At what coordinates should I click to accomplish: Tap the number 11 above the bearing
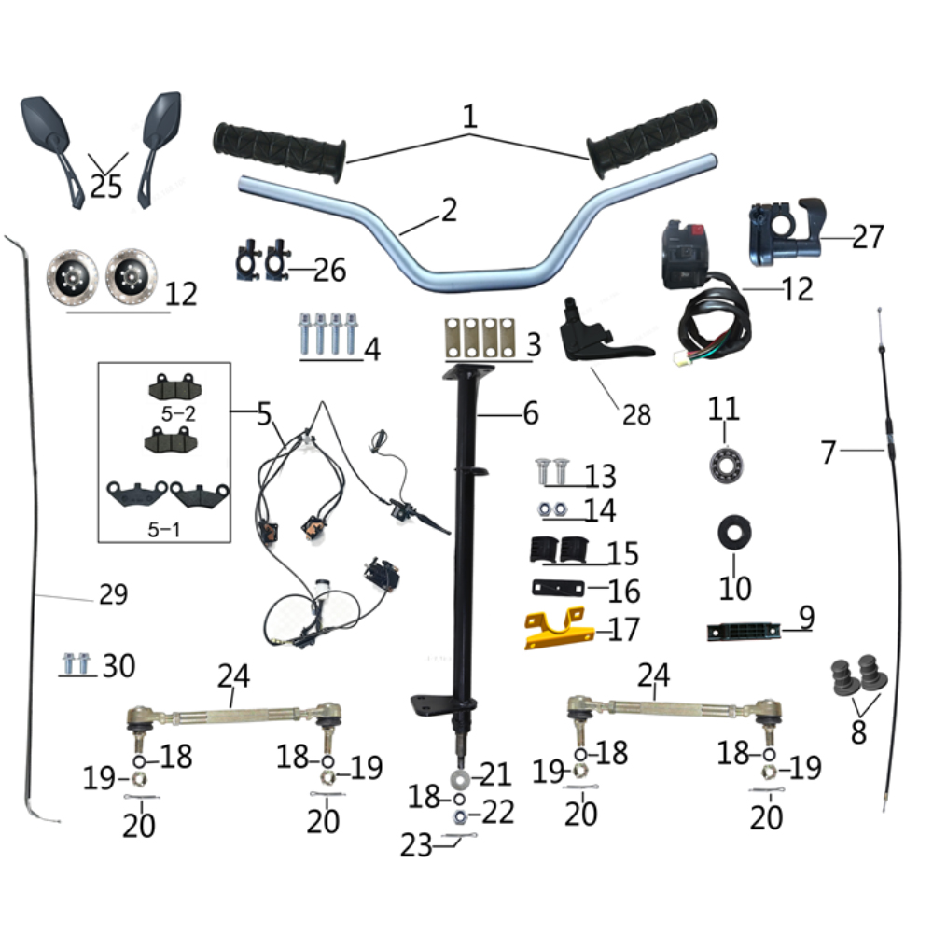[724, 409]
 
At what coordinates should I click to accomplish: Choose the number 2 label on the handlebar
[449, 211]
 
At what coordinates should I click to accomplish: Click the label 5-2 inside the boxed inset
[176, 412]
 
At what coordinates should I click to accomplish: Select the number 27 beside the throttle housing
[867, 237]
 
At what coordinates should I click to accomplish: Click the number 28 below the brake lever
[636, 413]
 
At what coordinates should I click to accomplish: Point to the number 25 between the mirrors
[106, 186]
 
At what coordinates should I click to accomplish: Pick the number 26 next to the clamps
[328, 271]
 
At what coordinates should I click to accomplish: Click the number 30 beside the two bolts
[118, 665]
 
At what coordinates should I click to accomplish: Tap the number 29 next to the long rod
[113, 594]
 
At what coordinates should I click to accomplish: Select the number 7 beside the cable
[829, 453]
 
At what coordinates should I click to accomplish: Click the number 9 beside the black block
[806, 617]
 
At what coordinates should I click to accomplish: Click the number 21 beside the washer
[496, 773]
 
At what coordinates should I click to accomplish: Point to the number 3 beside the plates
[533, 345]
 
